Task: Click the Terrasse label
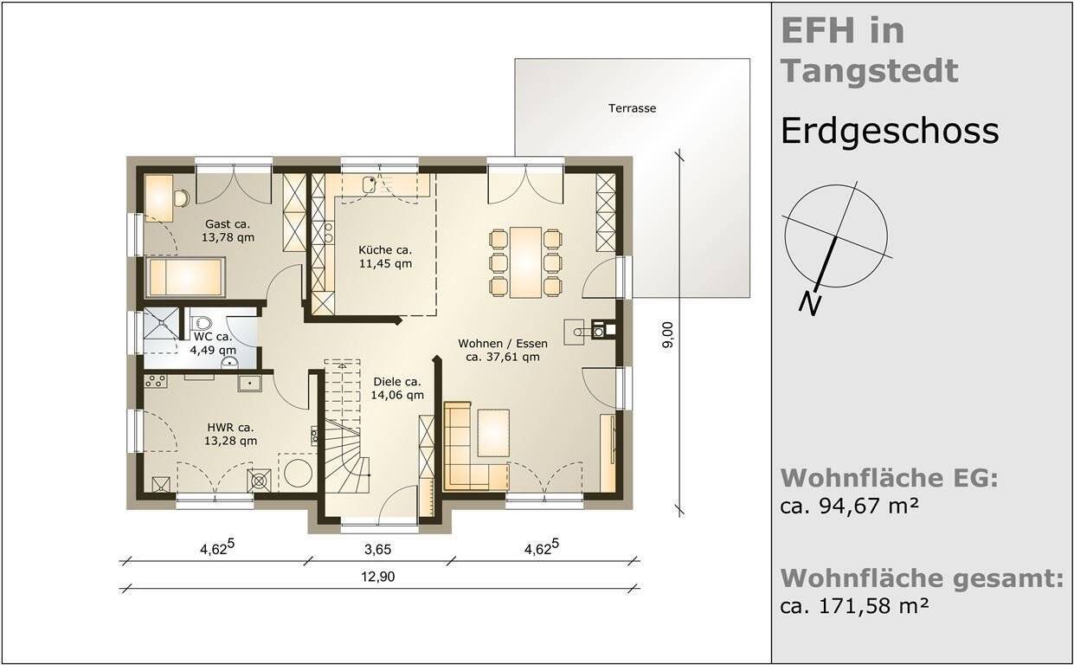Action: coord(632,108)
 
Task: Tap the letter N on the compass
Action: coord(810,304)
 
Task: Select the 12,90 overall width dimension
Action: coord(378,576)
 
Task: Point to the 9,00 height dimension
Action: coord(668,335)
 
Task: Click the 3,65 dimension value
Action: coord(378,549)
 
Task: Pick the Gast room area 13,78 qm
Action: coord(228,237)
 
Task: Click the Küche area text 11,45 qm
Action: coord(385,263)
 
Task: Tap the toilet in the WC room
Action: coord(201,322)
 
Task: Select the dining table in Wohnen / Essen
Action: coord(526,262)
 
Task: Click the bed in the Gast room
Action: coord(185,278)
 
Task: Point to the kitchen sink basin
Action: coord(368,184)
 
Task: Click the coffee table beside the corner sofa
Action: coord(493,433)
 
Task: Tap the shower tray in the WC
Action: coord(161,323)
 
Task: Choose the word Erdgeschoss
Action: coord(890,131)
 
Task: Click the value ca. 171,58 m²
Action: coord(854,606)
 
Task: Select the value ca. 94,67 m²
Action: coord(850,506)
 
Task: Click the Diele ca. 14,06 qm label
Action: coord(397,388)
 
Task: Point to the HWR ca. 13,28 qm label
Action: coord(230,434)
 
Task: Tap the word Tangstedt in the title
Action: coord(869,70)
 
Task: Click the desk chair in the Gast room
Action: coord(182,198)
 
